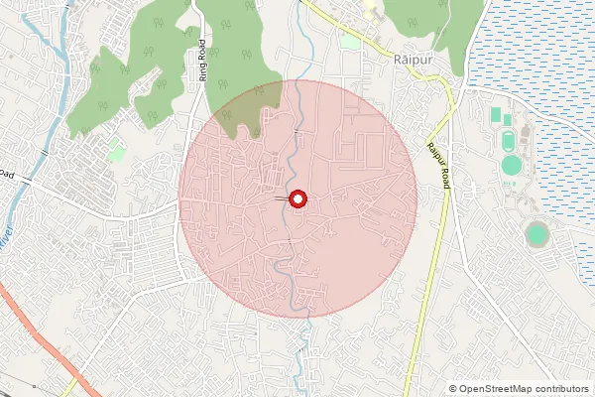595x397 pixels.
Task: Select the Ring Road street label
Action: (202, 60)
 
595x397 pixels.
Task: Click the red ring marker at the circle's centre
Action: (297, 198)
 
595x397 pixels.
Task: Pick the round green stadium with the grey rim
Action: (536, 234)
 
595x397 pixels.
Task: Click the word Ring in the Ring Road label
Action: (202, 69)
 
